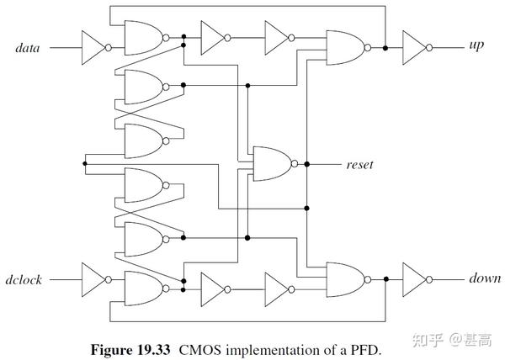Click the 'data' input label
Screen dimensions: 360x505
point(30,48)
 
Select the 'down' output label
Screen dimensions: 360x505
point(484,278)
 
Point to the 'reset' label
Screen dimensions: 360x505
point(359,164)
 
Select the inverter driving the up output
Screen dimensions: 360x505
point(414,47)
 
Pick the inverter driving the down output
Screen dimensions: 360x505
point(414,278)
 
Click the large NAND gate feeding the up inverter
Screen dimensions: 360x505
point(344,48)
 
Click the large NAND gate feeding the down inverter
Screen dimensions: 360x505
point(344,278)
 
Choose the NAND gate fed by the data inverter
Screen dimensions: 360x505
point(142,38)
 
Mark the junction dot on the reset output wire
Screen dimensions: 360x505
point(307,163)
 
